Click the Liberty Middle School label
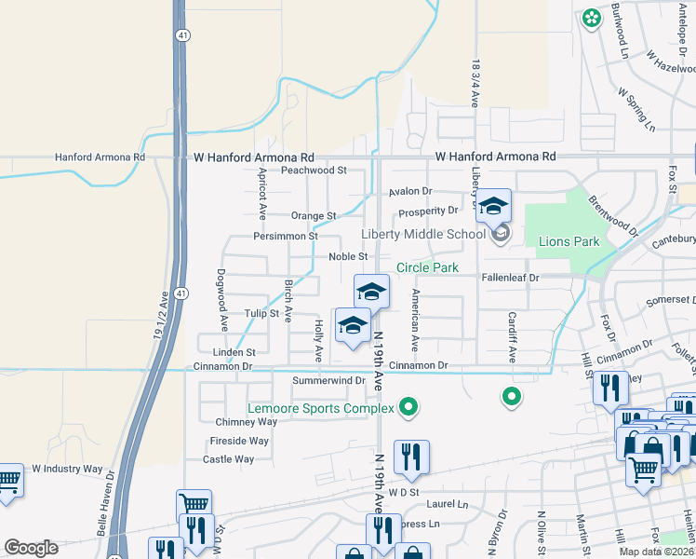[423, 234]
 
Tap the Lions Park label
[569, 241]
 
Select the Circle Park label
[427, 267]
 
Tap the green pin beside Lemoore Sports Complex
[408, 405]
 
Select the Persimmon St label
[286, 237]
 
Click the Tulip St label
[261, 314]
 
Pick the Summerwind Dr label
[328, 380]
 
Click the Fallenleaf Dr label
[511, 278]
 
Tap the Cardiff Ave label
[512, 336]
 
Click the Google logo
[31, 548]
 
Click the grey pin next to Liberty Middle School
[502, 233]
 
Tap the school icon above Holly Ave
[353, 325]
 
